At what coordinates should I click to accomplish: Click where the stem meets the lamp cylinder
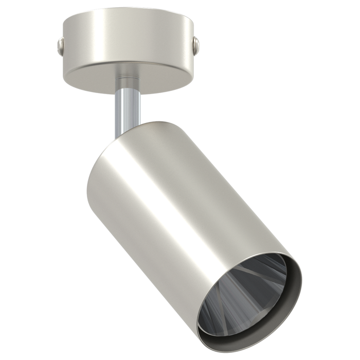coord(123,135)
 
